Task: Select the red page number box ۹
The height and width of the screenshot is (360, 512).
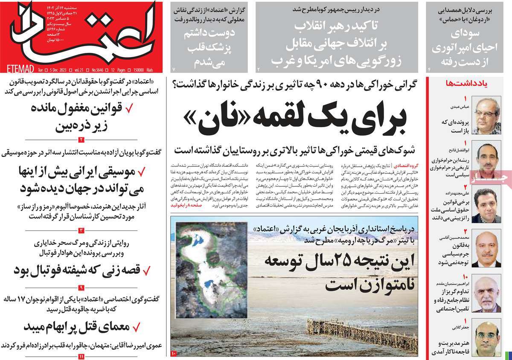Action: [x=81, y=287]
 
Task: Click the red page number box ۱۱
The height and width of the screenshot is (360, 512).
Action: [x=81, y=355]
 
